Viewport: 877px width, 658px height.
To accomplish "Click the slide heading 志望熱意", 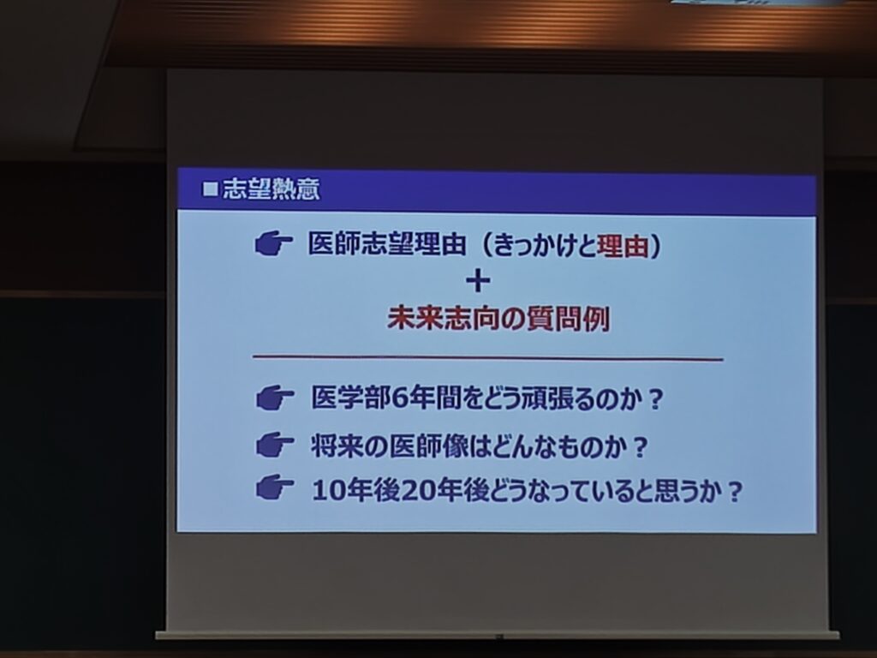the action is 271,189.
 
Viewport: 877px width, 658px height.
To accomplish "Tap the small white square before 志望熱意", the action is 211,189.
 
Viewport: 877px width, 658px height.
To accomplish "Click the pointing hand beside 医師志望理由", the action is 273,244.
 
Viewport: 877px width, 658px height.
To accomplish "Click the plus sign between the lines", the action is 478,281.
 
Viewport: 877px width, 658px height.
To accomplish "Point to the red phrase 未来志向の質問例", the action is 498,319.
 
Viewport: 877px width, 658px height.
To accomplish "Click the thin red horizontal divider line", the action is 487,358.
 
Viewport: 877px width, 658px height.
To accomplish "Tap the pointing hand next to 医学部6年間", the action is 275,398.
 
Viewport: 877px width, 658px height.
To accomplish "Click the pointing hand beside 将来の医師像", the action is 275,446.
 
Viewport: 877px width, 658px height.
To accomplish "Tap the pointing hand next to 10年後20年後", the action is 275,488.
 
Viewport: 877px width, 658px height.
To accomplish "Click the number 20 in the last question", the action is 417,491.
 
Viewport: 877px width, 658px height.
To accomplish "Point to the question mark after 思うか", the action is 734,492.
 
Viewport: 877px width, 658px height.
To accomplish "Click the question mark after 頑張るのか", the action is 655,399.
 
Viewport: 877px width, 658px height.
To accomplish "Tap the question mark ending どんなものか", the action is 639,447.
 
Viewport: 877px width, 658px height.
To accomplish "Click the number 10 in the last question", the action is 327,491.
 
